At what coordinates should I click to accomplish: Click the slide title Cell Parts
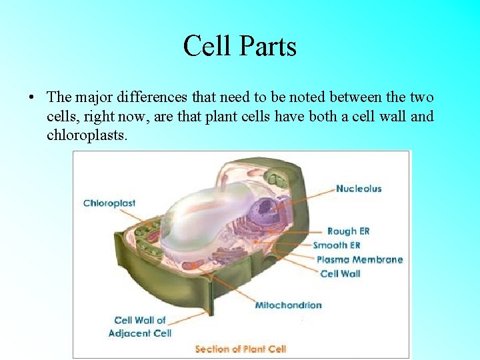point(239,46)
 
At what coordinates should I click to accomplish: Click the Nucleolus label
point(358,189)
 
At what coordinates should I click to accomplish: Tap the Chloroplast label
point(109,203)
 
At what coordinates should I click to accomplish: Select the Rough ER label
point(347,231)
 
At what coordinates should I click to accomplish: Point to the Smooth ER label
point(336,245)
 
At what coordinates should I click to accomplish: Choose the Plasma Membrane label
point(359,259)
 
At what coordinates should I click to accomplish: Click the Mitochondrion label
point(288,305)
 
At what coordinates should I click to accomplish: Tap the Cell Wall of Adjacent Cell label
point(140,327)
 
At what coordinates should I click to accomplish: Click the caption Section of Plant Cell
point(240,349)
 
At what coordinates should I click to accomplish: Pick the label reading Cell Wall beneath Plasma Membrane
point(340,273)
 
